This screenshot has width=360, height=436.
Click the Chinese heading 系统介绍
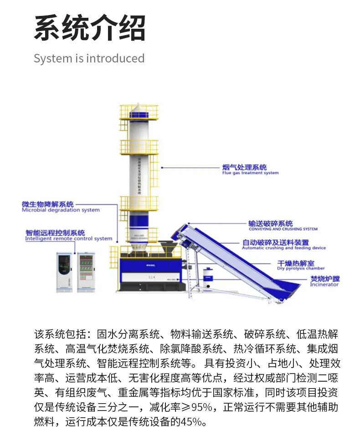[x=89, y=28]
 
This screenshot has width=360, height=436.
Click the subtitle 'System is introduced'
[x=89, y=58]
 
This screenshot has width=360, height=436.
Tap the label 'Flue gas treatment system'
[x=250, y=173]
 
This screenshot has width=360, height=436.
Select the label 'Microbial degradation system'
[x=61, y=210]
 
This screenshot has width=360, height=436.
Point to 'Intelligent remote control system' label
[x=68, y=239]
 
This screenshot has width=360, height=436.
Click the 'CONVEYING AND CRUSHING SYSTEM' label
[x=283, y=229]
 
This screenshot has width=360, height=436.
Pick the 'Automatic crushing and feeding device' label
[x=283, y=248]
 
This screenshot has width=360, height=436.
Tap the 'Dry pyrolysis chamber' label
[x=301, y=269]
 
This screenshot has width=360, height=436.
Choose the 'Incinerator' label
[x=324, y=285]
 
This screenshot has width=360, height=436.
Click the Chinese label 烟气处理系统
[x=244, y=167]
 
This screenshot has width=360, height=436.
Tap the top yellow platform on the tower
[x=139, y=112]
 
